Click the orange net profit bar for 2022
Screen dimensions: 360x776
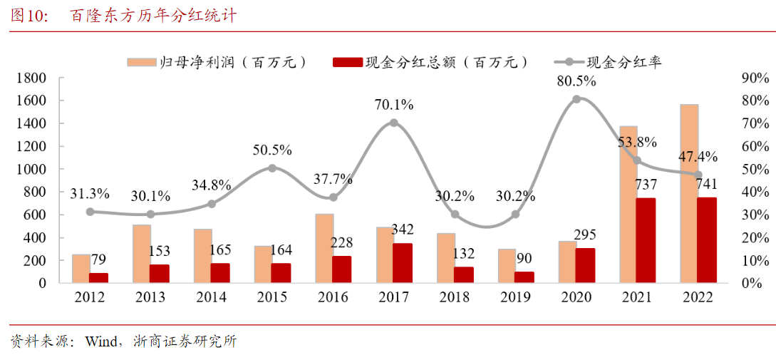click(688, 193)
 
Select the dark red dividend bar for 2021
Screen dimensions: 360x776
click(646, 240)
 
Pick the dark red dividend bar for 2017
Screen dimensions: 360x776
click(403, 263)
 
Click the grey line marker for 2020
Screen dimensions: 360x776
click(576, 98)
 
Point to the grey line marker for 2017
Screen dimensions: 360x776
click(393, 123)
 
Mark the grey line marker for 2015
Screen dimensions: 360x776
click(272, 168)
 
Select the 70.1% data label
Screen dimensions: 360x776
click(394, 105)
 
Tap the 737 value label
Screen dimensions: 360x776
click(646, 185)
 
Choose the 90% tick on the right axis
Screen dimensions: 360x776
click(755, 78)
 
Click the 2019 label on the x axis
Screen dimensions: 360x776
click(515, 297)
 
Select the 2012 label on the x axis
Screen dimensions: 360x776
click(90, 297)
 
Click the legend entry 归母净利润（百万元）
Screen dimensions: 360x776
click(218, 62)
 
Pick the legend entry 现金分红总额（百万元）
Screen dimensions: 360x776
click(432, 62)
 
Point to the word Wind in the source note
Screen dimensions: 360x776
click(101, 341)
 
